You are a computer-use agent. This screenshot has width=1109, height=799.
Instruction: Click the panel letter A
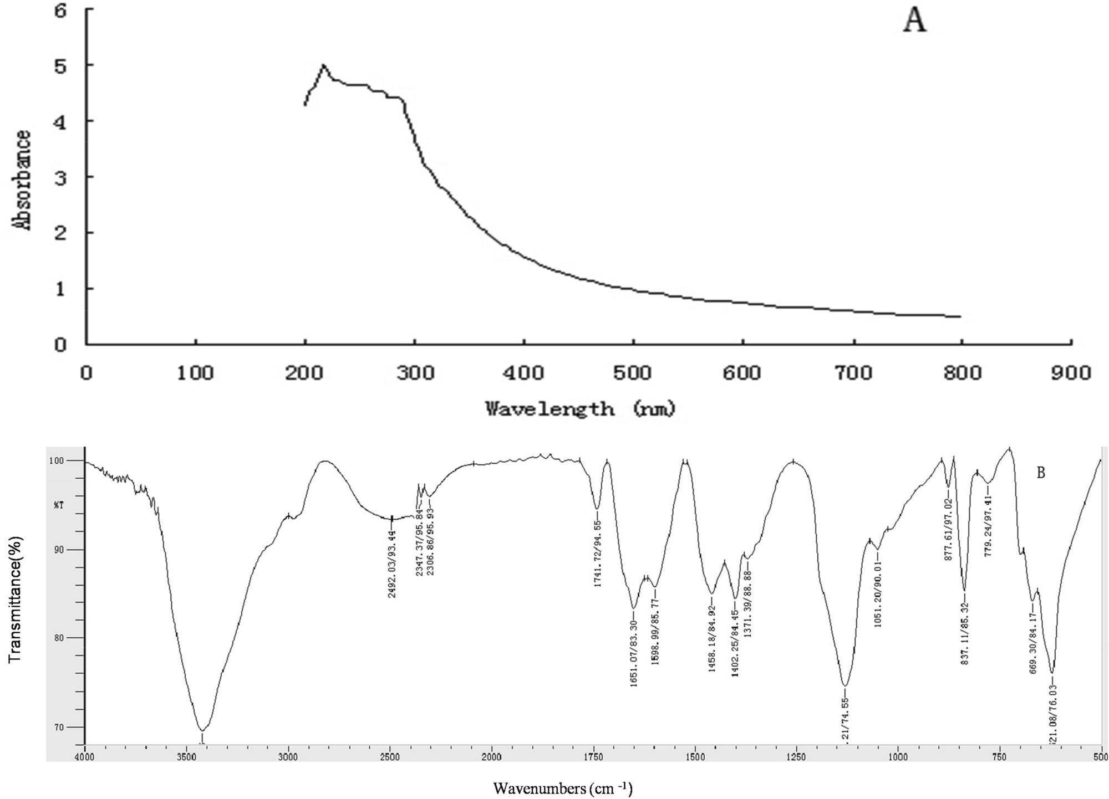click(x=914, y=22)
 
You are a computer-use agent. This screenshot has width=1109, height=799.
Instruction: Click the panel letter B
click(x=1041, y=473)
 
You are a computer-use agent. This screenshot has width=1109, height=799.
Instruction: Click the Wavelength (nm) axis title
click(x=581, y=409)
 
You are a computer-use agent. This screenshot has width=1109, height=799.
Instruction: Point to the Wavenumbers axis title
click(x=563, y=788)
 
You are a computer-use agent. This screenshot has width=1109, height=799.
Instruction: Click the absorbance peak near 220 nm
click(x=323, y=65)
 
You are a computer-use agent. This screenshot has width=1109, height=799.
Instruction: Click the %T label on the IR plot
click(x=59, y=505)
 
